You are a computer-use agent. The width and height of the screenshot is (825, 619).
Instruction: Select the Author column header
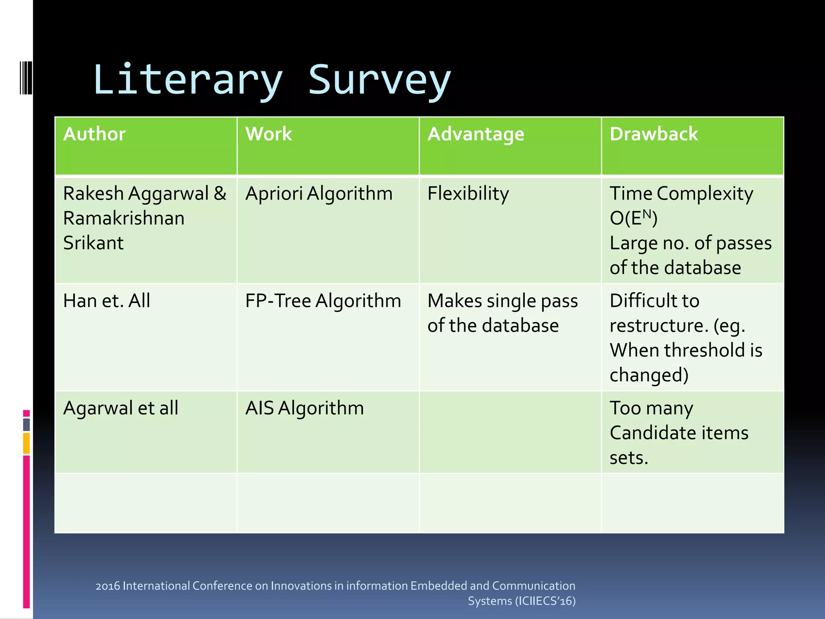point(94,134)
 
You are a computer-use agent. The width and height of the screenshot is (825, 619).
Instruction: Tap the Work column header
point(269,134)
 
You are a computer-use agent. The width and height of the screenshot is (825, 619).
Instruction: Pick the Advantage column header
point(476,134)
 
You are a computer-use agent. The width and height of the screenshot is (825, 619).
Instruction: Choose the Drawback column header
point(653,134)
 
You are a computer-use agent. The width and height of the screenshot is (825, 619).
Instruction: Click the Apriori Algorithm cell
point(319,193)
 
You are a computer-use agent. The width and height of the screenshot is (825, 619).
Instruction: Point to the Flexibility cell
point(468,193)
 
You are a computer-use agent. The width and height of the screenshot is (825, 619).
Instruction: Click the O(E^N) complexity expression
point(633,218)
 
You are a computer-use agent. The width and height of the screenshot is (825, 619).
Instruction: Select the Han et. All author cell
point(107,301)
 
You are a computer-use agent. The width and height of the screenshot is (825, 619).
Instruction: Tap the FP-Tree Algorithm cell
point(323,301)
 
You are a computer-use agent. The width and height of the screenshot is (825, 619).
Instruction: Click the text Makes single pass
point(502,301)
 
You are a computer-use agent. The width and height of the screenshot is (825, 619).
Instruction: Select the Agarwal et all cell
point(120,408)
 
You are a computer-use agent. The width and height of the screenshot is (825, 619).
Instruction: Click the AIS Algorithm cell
point(305,408)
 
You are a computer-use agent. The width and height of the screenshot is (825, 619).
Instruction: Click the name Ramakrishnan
point(124,218)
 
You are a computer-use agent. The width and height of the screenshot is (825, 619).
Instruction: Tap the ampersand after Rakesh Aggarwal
point(220,193)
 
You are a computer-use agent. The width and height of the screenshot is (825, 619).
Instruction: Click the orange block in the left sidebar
point(27,443)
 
